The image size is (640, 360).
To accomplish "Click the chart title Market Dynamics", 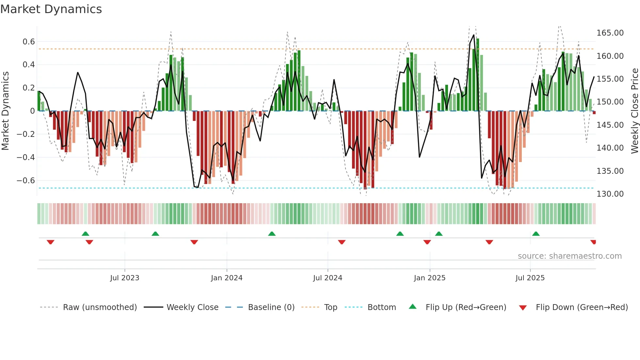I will (x=51, y=9).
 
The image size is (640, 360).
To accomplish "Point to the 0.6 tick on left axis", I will (x=29, y=42).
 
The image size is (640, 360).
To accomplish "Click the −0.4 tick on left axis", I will (x=26, y=157).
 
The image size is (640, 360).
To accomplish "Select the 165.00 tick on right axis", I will (x=610, y=33).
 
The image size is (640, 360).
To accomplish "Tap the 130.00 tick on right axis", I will (x=610, y=194).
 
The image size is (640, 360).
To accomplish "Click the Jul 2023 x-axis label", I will (x=124, y=278).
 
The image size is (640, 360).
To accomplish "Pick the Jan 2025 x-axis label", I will (x=429, y=278).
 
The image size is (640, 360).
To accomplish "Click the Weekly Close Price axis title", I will (x=634, y=111).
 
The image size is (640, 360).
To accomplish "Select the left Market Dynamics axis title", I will (x=5, y=111).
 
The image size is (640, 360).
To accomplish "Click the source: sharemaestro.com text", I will (x=569, y=256).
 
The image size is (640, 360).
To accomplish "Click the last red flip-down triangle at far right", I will (x=593, y=242).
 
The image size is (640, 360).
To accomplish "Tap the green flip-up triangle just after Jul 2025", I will (x=536, y=234).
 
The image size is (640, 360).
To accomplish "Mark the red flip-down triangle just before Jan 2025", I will (x=427, y=242).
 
